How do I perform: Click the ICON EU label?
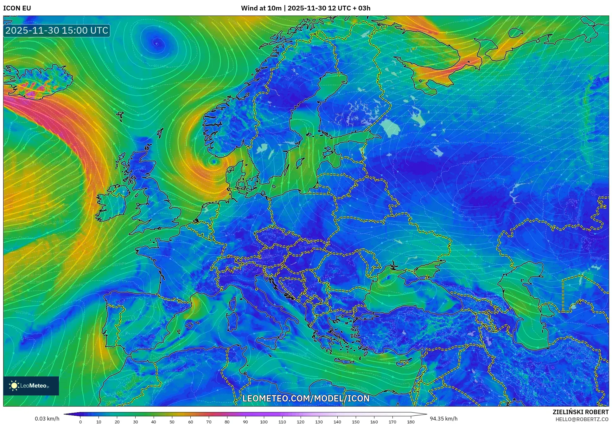(17, 8)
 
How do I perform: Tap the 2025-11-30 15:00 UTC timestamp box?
(57, 30)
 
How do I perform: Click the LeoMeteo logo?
(31, 386)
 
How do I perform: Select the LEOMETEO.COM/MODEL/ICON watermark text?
(306, 398)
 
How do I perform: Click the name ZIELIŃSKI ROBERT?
(580, 412)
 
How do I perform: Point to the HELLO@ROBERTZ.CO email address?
(582, 419)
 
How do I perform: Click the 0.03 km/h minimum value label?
(47, 419)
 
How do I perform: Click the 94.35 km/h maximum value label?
(443, 419)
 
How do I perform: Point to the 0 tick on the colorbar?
(80, 422)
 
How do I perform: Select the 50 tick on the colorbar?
(172, 422)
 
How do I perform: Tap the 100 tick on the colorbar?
(264, 422)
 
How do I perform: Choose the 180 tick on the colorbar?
(411, 422)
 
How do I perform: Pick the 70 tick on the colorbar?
(209, 422)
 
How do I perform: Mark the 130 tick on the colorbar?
(319, 422)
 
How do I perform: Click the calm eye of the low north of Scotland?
(156, 43)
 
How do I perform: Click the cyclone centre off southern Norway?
(214, 162)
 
